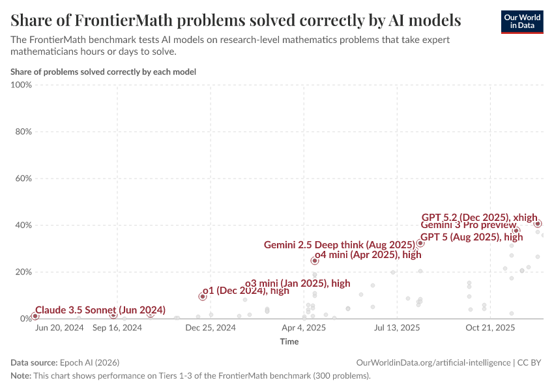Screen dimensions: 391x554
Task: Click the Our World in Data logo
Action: click(521, 22)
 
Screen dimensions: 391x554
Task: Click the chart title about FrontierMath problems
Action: click(236, 20)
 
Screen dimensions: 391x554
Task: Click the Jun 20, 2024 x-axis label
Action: click(59, 328)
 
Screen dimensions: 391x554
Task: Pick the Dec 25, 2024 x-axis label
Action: click(211, 328)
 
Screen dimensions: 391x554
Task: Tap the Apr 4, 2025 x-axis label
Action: click(304, 328)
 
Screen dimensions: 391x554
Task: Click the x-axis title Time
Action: click(289, 341)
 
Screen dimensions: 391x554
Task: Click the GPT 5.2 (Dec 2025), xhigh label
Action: click(479, 217)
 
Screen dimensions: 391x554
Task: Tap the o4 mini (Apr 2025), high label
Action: click(368, 255)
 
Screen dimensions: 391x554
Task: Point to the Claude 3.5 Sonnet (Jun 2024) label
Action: click(100, 310)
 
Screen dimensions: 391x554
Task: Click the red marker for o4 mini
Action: click(315, 260)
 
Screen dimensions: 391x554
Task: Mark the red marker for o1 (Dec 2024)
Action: click(203, 297)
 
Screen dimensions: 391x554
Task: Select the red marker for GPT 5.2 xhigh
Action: click(538, 224)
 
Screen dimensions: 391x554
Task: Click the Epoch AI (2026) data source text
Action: click(89, 362)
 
